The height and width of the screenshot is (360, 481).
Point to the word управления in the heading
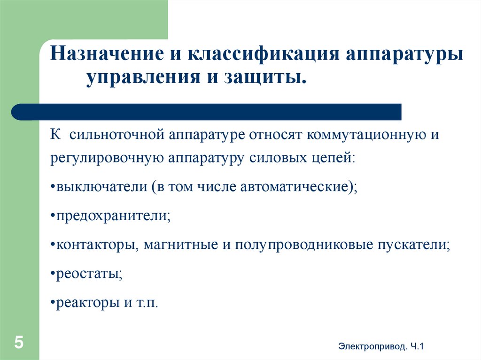click(138, 77)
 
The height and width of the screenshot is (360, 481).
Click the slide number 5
click(19, 342)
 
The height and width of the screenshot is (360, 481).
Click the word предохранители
click(113, 216)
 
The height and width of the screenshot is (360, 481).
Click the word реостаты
click(88, 274)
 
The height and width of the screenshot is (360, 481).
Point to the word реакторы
click(89, 303)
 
